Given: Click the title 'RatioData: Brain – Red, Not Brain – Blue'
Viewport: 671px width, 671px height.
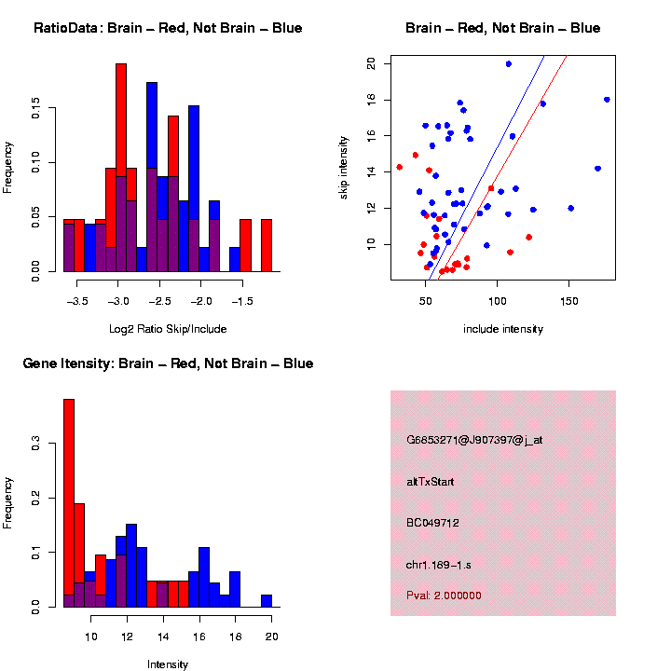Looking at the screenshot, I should (168, 28).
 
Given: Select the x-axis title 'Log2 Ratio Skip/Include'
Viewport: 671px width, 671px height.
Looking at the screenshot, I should (167, 329).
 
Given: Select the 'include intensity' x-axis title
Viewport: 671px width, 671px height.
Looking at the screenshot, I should (502, 329).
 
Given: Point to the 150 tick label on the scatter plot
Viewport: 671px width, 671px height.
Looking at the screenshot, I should (568, 302).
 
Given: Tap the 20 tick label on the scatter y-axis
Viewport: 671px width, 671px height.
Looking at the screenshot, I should (371, 64).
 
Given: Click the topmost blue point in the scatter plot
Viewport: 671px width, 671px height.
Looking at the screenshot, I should (508, 64).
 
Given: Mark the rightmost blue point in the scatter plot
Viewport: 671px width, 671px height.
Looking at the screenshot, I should (607, 100).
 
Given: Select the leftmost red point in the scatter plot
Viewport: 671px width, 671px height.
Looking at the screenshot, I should (400, 168).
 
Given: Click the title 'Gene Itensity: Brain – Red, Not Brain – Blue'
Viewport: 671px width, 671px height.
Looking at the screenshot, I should (168, 363).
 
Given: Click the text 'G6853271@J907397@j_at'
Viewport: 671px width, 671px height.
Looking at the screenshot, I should (474, 440).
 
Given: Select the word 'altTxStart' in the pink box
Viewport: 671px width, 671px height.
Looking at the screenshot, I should (430, 482).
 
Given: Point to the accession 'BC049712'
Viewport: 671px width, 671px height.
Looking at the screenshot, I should (432, 523).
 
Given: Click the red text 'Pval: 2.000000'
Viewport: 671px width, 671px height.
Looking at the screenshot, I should (444, 596).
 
